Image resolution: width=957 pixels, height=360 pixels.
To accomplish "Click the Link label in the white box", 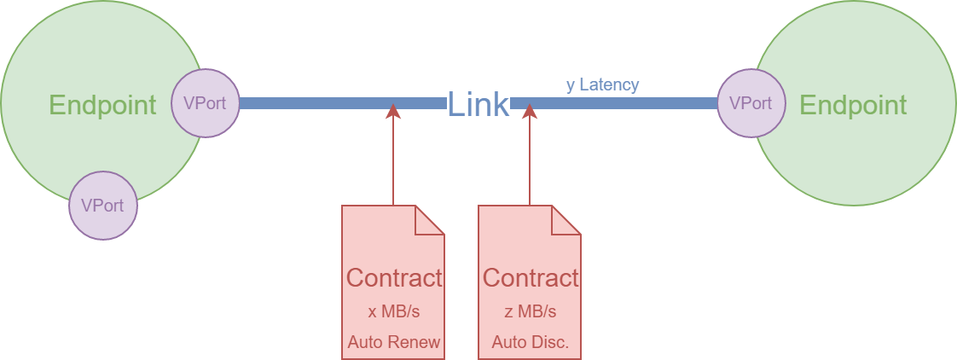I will point(478,104).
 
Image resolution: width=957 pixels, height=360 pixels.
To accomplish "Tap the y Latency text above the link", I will point(602,84).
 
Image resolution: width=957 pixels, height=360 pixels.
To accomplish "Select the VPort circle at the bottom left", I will point(102,206).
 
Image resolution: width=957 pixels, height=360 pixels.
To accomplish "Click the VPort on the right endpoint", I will point(751,103).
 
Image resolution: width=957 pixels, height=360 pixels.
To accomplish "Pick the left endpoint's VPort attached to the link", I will point(205,103).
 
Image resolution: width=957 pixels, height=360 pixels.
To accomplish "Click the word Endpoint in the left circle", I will point(102,105).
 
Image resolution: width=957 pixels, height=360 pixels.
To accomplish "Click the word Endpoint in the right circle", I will point(852,105).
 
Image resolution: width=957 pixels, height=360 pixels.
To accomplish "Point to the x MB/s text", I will point(393,311).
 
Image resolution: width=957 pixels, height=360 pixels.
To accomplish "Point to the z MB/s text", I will point(530,311).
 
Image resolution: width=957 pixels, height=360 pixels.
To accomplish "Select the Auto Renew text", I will point(393,343).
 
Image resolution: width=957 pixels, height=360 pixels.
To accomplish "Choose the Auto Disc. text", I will point(530,343).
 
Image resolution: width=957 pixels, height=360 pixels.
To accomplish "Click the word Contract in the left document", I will point(393,277).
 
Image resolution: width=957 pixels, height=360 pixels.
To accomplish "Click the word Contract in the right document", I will point(530,277).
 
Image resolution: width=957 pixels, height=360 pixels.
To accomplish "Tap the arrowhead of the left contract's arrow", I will point(393,112).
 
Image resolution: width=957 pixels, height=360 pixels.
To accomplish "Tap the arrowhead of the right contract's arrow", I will point(530,112).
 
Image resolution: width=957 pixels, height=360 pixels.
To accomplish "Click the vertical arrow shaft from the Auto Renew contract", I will point(393,162).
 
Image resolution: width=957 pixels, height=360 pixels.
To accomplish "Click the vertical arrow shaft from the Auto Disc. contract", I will point(530,162).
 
